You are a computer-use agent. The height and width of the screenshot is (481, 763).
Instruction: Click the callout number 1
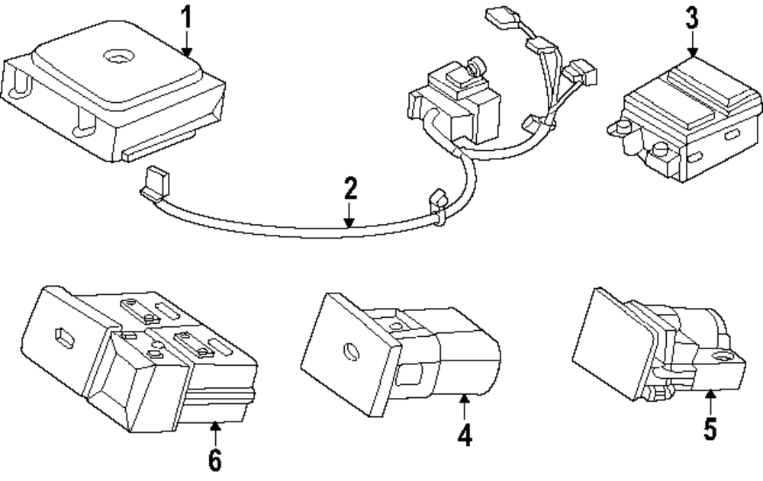click(x=185, y=17)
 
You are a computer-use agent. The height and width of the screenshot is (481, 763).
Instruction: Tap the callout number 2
click(x=349, y=188)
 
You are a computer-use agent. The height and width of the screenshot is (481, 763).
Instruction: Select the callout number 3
click(x=691, y=18)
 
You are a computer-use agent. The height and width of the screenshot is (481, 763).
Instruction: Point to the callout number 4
click(x=465, y=435)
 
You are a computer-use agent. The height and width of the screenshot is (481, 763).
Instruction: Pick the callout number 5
click(x=710, y=429)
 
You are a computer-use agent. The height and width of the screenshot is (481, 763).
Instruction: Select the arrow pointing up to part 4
click(x=465, y=404)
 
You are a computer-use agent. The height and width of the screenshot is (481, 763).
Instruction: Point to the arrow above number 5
click(x=710, y=401)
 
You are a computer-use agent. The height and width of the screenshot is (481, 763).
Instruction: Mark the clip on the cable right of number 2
click(x=436, y=207)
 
